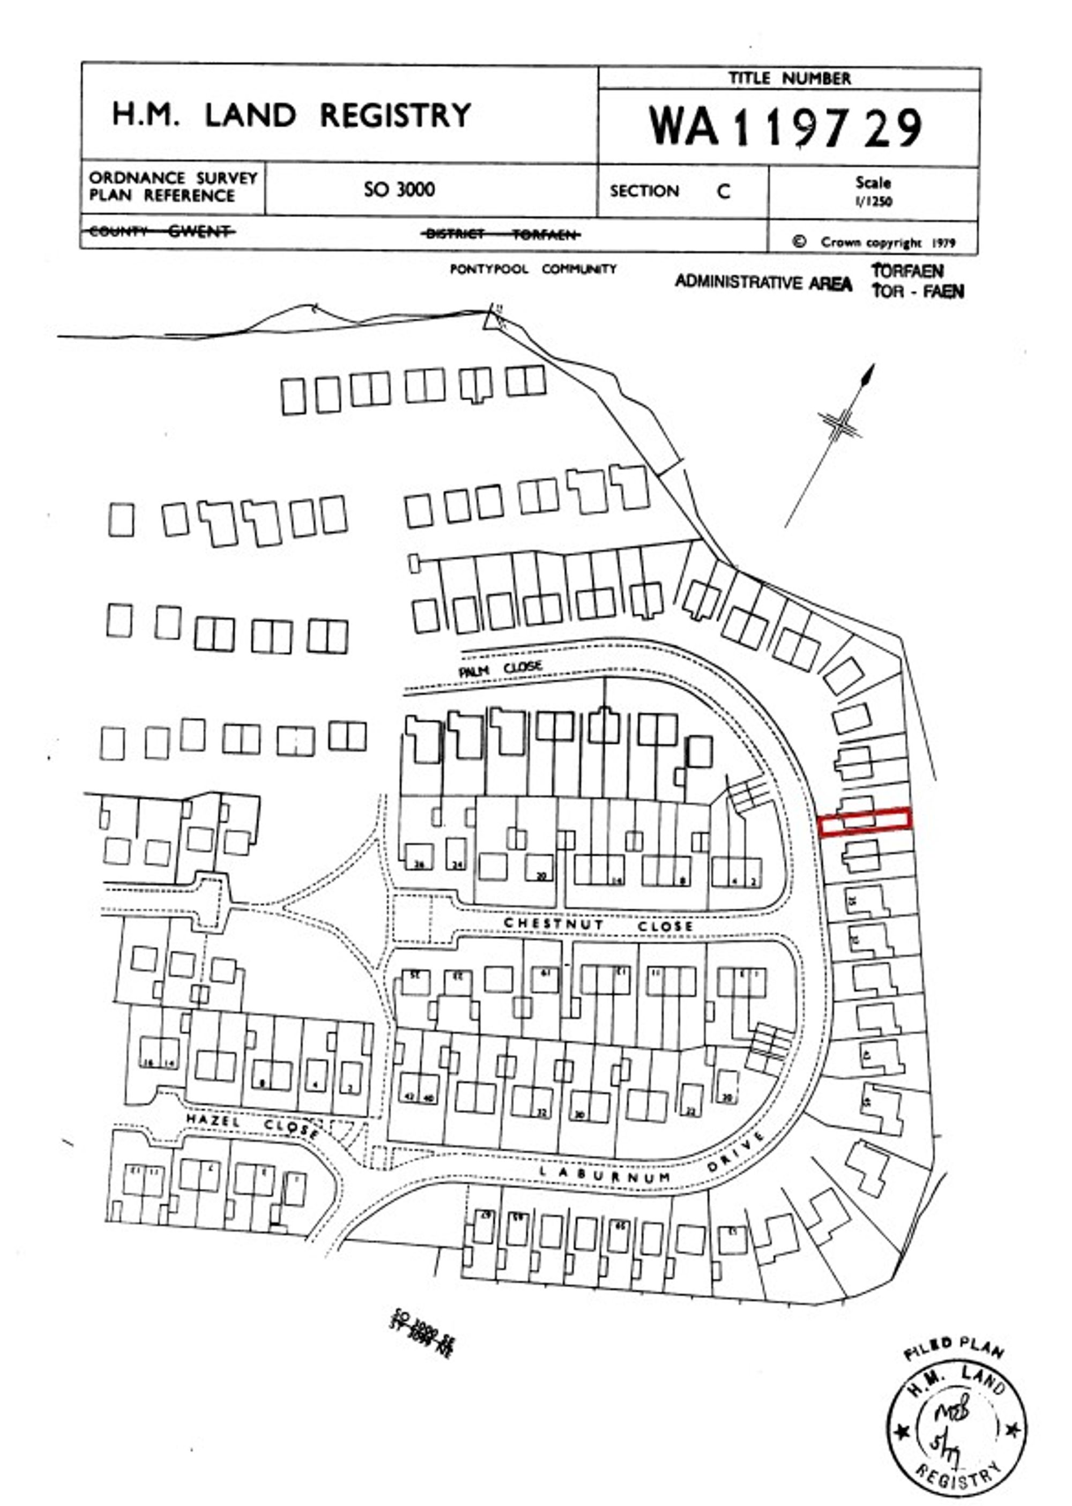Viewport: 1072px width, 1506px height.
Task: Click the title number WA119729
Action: click(786, 126)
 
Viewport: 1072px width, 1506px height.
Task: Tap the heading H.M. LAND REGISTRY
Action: click(291, 115)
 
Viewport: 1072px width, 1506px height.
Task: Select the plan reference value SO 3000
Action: click(399, 189)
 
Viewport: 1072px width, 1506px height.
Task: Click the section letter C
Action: click(724, 191)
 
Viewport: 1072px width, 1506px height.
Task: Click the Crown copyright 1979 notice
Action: click(875, 242)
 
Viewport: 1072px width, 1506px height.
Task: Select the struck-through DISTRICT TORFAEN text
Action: click(501, 234)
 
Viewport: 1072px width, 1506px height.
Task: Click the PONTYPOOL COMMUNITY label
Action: click(533, 269)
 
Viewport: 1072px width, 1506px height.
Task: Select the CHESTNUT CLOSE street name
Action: click(598, 925)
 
